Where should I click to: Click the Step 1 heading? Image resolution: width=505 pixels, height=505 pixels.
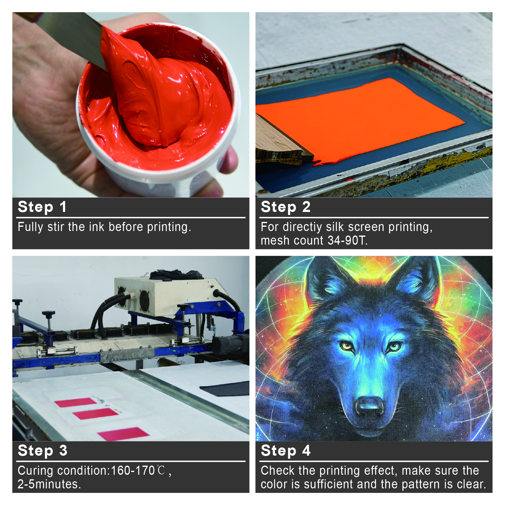[x=42, y=207]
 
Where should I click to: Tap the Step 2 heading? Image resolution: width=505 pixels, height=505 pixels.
[x=286, y=207]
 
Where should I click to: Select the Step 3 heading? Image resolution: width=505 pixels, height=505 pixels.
[x=42, y=451]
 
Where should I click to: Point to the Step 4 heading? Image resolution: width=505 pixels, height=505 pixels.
[x=286, y=451]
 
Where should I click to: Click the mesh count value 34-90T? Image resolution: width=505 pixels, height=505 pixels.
[x=347, y=240]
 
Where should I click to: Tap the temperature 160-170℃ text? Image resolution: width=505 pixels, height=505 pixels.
[x=138, y=470]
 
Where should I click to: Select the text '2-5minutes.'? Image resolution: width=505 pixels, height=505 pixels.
[x=49, y=484]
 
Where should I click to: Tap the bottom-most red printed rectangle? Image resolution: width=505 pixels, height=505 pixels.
[x=123, y=434]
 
